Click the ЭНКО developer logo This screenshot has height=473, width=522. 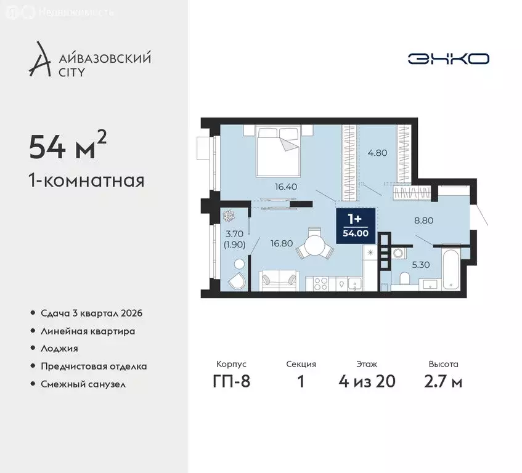tap(448, 59)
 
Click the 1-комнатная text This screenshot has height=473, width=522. tap(86, 181)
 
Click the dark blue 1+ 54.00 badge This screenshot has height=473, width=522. tap(354, 226)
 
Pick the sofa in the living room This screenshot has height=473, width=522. tap(278, 281)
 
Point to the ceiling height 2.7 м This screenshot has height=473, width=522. tap(443, 381)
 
